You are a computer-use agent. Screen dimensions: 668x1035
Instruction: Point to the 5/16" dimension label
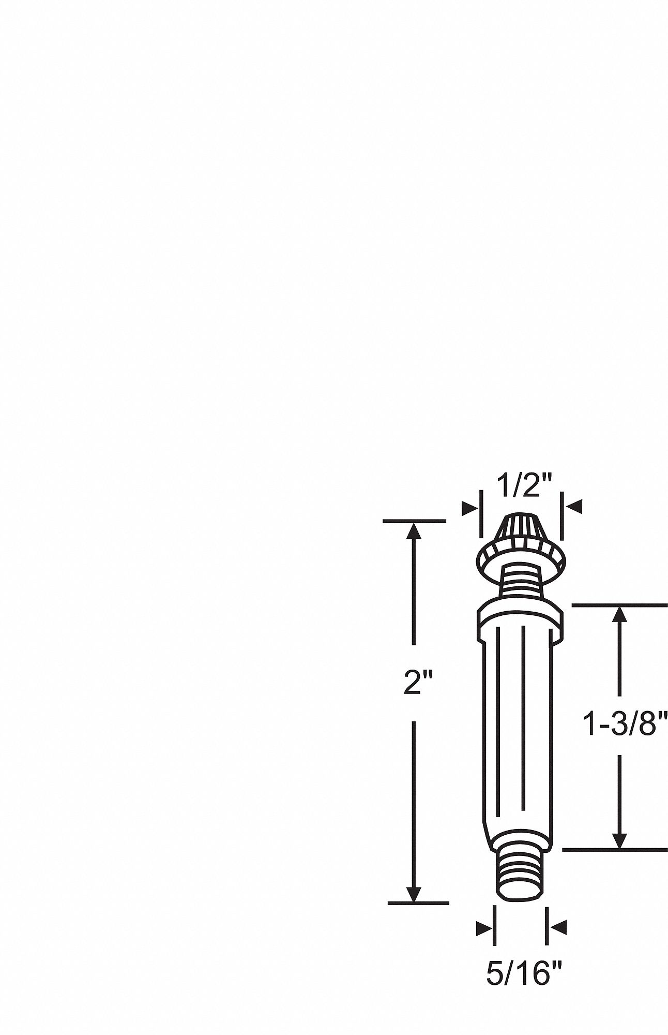pyautogui.click(x=524, y=975)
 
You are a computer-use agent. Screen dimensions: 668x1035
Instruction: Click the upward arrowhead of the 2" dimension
pyautogui.click(x=414, y=531)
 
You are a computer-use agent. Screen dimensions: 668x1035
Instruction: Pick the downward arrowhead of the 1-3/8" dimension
pyautogui.click(x=619, y=839)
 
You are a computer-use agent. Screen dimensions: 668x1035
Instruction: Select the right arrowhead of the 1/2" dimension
pyautogui.click(x=572, y=507)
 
